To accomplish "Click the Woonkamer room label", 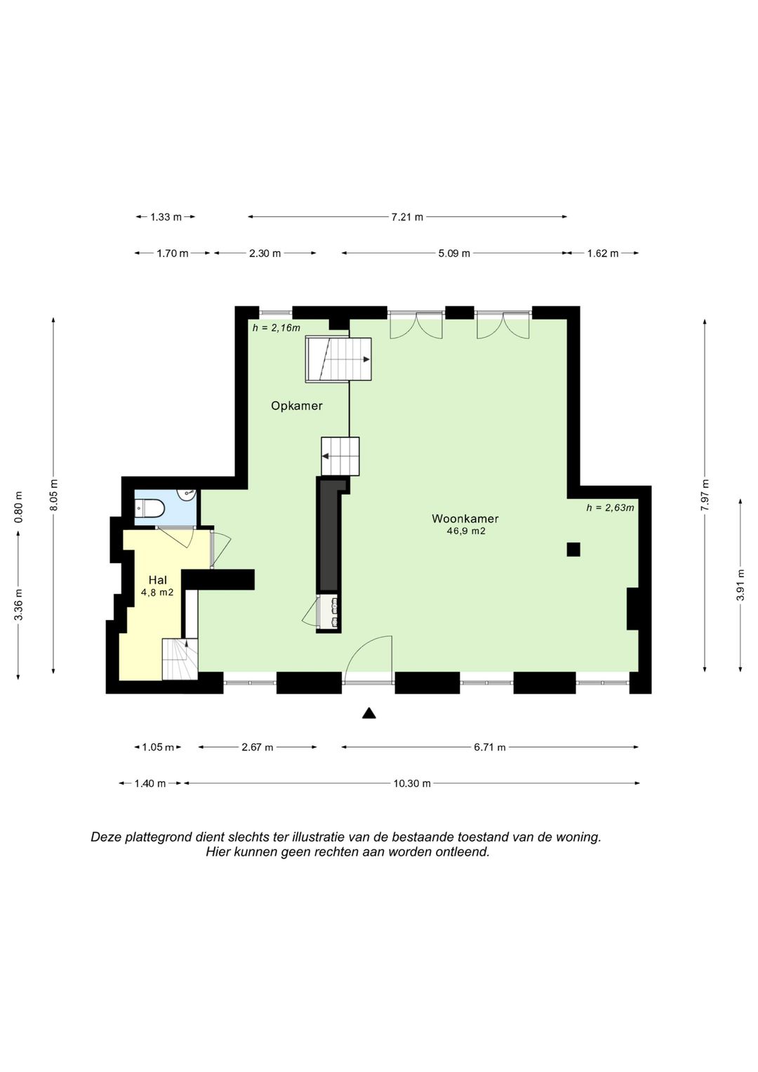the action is coord(465,518).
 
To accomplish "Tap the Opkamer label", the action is coord(297,406).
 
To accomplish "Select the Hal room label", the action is coord(157,580).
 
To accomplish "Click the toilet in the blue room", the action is coord(149,508).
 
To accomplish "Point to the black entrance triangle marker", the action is coord(368,713).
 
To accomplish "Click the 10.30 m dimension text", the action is coord(412,783).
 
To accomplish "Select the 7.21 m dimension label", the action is coord(407,217).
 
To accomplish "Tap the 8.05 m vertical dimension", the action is coord(53,495).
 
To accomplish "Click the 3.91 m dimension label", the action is coord(740,584).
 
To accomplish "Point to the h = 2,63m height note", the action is coord(610,508).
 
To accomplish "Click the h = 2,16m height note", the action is coord(277,328).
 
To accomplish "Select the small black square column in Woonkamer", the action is coord(573,550).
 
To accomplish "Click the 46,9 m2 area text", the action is coord(465,531).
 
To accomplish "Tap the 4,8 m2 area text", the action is coord(157,593).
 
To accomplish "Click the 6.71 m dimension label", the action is coord(490,747).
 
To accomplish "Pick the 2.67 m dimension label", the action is coord(257,747).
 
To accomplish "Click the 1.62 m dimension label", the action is coord(603,253).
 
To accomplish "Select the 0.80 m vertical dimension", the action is coord(18,508).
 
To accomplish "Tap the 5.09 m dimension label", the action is coord(454,253).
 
